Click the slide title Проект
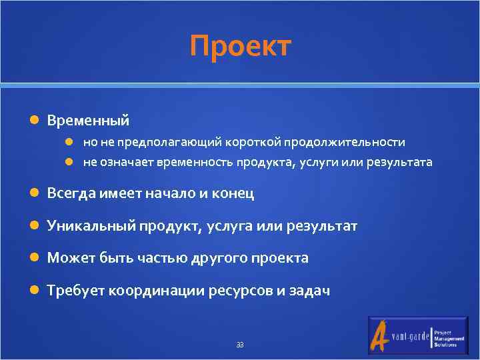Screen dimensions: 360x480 coord(240,47)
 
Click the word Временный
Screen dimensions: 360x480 coord(88,121)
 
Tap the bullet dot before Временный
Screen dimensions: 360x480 coord(35,121)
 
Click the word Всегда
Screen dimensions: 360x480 coord(71,194)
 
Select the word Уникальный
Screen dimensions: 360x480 coord(91,226)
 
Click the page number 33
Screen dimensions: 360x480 coord(240,345)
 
